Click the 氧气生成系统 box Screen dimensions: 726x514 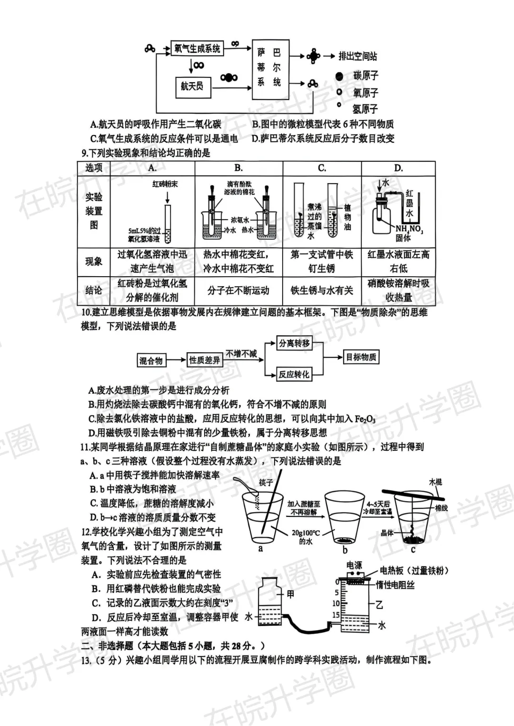[197, 48]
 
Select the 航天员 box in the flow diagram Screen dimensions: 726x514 [192, 86]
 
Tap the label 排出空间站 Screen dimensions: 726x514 [357, 56]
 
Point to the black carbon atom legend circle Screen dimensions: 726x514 [339, 76]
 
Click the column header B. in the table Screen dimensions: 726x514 [238, 168]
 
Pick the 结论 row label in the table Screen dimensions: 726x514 [94, 290]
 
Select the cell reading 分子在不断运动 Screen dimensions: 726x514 [238, 290]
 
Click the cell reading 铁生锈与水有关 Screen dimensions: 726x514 [322, 290]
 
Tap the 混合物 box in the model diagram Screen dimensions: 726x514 [151, 361]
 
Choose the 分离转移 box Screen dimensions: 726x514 [294, 343]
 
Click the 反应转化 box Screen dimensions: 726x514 [294, 374]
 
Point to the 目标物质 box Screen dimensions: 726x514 [361, 357]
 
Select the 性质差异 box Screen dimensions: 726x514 [205, 360]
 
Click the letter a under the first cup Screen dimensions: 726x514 [260, 549]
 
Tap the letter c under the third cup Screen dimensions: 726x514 [413, 550]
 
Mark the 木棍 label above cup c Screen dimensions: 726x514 [435, 482]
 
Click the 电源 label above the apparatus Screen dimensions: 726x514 [354, 565]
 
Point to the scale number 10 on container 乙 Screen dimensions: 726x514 [336, 603]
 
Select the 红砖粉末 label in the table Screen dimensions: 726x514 [165, 184]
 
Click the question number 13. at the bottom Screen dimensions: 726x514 [86, 660]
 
